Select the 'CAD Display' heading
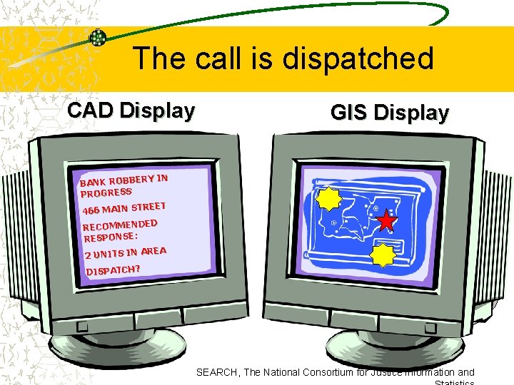tap(131, 111)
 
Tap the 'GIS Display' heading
tap(390, 113)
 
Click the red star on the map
tap(386, 221)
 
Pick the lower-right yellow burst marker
tap(383, 254)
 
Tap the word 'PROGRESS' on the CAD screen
tap(106, 192)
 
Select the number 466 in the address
tap(91, 211)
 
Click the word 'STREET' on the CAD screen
tap(148, 207)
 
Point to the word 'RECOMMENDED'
tap(120, 227)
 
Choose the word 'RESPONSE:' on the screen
tap(111, 237)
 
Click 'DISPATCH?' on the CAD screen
tap(113, 269)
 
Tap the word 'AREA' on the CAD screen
tap(153, 251)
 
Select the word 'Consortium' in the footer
tap(334, 372)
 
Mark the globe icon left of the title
tap(97, 38)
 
